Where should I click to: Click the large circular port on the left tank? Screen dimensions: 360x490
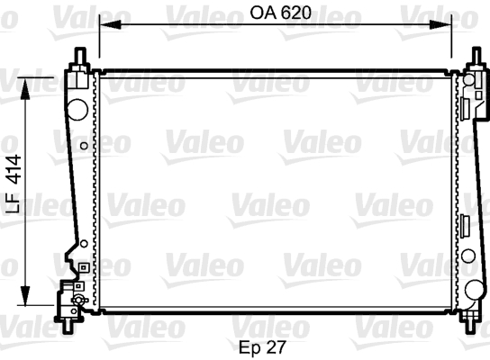(78, 109)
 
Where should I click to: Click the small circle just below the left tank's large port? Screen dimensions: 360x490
(84, 145)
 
